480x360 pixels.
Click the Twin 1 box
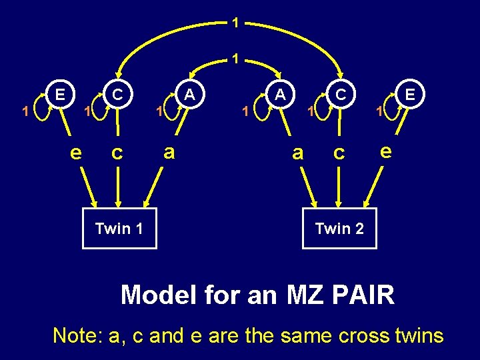point(119,229)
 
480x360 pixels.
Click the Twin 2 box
point(339,229)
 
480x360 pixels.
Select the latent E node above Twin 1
point(60,94)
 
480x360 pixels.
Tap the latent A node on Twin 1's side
point(190,94)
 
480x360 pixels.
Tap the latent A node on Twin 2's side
point(281,94)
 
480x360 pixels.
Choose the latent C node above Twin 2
point(341,94)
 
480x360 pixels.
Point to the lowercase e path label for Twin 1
point(76,153)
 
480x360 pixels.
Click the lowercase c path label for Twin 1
point(117,153)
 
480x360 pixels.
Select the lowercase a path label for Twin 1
point(169,152)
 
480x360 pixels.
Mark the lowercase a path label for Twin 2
point(298,153)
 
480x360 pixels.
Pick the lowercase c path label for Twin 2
point(339,153)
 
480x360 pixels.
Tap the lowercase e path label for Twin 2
point(385,151)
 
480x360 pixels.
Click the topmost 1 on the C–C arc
point(235,23)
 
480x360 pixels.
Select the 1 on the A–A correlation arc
point(235,59)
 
